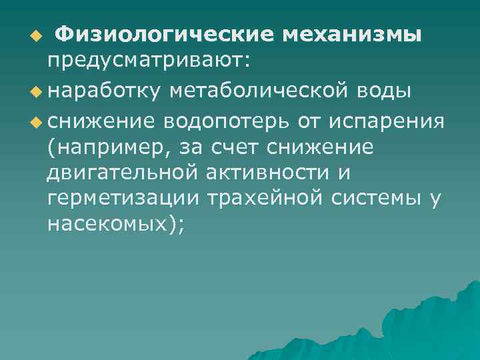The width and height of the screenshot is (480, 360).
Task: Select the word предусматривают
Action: [146, 61]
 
